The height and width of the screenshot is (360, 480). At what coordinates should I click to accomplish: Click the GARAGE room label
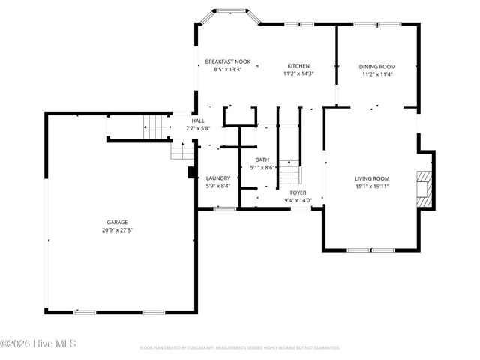pos(117,222)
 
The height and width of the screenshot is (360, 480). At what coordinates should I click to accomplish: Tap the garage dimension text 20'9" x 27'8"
pos(117,229)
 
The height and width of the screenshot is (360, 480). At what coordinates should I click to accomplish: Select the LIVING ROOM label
pos(372,178)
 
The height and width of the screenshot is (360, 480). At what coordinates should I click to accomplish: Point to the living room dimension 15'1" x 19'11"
pos(372,186)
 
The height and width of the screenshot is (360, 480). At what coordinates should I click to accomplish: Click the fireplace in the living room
pos(424,189)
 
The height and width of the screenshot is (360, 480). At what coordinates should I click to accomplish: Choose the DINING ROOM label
pos(377,66)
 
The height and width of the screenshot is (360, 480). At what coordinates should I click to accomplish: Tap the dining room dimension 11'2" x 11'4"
pos(377,73)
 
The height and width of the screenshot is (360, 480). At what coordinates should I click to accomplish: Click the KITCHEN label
pos(298,66)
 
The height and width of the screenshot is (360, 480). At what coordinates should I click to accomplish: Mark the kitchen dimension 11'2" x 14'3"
pos(298,73)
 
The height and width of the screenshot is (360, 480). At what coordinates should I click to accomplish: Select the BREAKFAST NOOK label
pos(228,61)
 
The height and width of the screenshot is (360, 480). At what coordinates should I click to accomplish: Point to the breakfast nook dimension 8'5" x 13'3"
pos(228,69)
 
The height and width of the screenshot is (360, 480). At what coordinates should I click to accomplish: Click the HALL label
pos(198,121)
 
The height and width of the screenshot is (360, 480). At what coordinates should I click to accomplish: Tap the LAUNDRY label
pos(218,178)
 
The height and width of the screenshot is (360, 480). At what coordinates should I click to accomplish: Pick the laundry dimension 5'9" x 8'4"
pos(218,186)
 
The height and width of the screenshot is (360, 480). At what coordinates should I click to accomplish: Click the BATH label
pos(262,160)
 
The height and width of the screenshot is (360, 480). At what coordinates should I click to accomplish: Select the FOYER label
pos(298,193)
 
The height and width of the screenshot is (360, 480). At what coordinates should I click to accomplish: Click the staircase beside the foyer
pos(289,172)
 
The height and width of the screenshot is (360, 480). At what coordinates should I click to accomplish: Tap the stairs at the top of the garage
pos(156,127)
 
